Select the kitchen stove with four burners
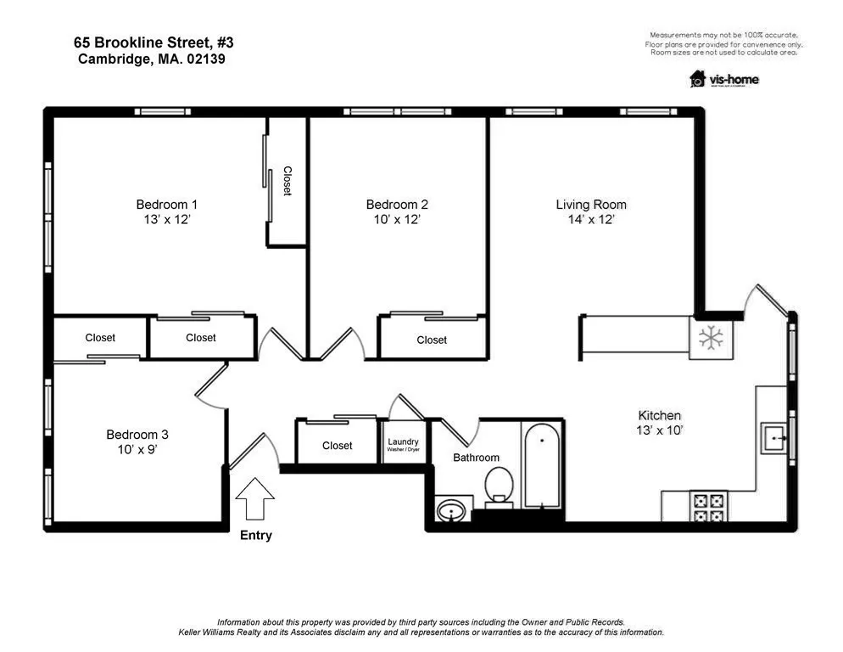click(x=708, y=507)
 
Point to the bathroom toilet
click(x=499, y=487)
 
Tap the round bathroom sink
click(x=451, y=511)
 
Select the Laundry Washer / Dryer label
click(x=403, y=444)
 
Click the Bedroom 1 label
click(x=167, y=204)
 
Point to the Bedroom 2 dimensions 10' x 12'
click(x=397, y=220)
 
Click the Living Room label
click(x=591, y=204)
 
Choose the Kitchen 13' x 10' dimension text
click(x=659, y=430)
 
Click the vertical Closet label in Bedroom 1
click(x=288, y=181)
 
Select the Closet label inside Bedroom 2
click(x=432, y=340)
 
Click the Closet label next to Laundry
click(x=337, y=446)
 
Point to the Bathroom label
click(x=476, y=458)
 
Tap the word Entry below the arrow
click(x=256, y=535)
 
